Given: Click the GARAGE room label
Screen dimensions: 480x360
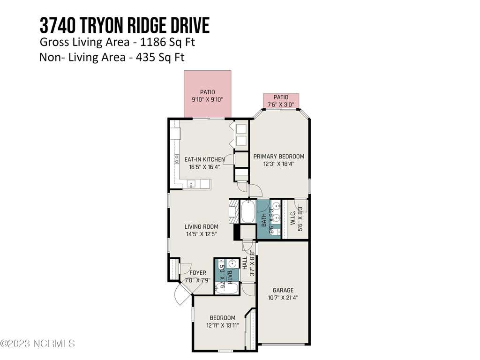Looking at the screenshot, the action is pos(283,290).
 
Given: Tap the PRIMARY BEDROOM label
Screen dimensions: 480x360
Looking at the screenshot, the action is pos(279,156).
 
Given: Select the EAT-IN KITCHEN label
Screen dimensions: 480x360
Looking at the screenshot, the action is pos(204,159).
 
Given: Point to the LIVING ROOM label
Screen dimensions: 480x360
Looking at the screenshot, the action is pos(202,226).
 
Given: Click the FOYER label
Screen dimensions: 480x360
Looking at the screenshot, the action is pos(198,272).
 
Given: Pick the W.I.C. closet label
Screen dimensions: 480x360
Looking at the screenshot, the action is pos(293,217).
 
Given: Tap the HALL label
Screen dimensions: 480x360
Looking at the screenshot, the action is pos(245,263).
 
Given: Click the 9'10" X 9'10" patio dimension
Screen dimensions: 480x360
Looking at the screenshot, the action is pos(208,99).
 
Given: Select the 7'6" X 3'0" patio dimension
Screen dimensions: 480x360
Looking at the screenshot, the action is pos(281,105).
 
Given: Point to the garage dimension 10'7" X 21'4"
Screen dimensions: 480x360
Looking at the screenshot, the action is pos(283,298).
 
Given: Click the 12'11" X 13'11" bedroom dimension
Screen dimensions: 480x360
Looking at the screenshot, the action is pos(223,325).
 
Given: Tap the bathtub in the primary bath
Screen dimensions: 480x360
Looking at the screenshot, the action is pos(247,211).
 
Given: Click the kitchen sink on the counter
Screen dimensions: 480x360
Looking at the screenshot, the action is pos(191,184).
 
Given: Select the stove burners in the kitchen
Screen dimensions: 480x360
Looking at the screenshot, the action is pos(177,159).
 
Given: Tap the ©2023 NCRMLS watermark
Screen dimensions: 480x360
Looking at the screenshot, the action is pos(37,344).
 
